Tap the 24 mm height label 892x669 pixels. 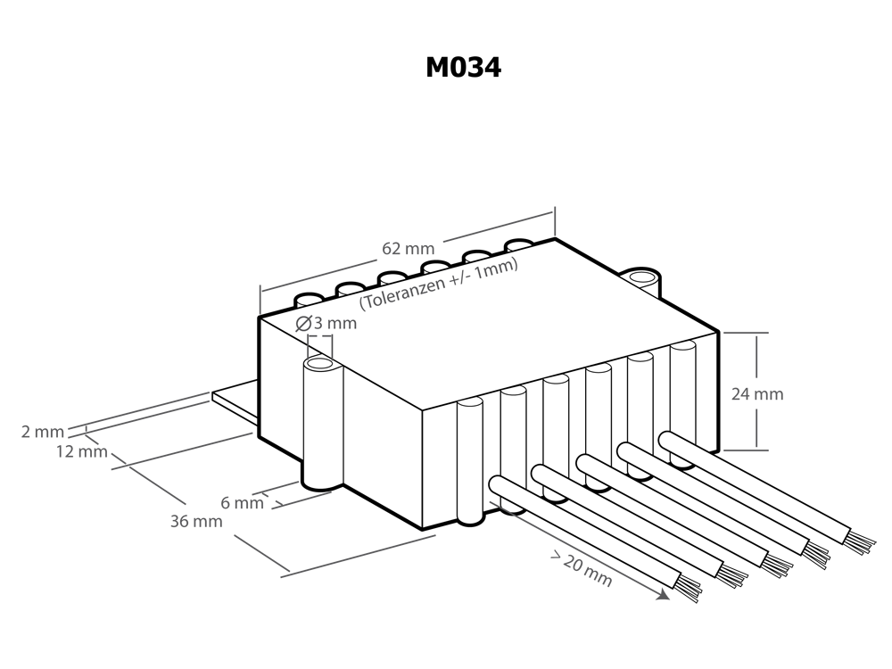(x=757, y=393)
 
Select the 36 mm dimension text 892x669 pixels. (x=196, y=521)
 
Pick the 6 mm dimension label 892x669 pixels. (x=242, y=503)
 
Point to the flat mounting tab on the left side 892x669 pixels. (x=235, y=401)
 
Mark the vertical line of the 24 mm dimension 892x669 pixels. (x=757, y=357)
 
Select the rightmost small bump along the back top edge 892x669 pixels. (x=519, y=247)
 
